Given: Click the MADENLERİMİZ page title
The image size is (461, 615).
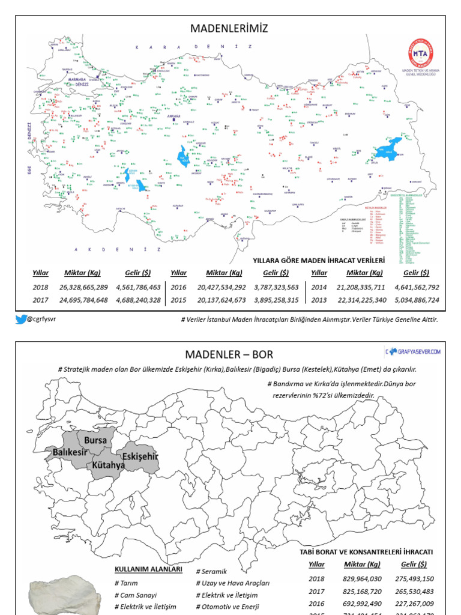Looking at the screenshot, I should point(228,29).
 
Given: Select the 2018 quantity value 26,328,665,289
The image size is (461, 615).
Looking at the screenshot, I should point(84,287).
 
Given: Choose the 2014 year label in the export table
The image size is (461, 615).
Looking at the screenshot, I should point(319,287).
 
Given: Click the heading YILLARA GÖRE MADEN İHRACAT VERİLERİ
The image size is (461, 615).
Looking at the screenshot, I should point(318,261).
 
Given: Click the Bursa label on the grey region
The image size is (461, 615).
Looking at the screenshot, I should point(95,440).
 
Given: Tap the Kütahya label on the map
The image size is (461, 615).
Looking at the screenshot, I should point(109,465).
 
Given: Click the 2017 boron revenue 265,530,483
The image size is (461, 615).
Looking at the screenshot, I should point(414,591).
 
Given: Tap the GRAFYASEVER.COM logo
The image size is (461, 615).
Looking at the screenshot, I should point(414,351).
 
